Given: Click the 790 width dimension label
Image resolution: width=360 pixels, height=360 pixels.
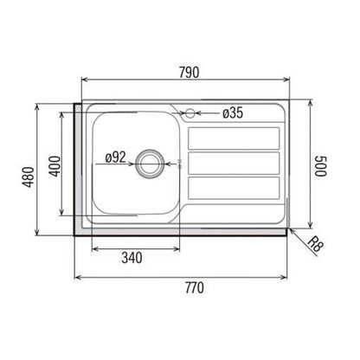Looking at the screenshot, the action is [x=190, y=73].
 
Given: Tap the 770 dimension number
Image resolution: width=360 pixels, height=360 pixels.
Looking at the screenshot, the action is [x=195, y=287].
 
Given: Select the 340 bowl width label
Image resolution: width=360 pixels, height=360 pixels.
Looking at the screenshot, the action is [x=132, y=258].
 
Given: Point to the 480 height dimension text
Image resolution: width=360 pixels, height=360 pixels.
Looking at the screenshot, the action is [x=29, y=177].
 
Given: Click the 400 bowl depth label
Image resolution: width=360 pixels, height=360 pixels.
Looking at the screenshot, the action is [x=55, y=166].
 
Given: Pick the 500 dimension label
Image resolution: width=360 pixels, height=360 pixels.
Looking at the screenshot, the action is [x=321, y=166].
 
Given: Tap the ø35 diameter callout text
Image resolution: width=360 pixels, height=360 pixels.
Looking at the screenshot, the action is [x=233, y=112].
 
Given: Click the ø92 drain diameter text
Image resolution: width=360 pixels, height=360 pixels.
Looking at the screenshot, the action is [x=116, y=157].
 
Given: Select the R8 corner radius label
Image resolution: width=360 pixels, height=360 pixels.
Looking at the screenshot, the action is [x=315, y=244].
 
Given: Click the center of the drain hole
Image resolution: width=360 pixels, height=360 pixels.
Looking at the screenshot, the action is [x=150, y=164].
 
